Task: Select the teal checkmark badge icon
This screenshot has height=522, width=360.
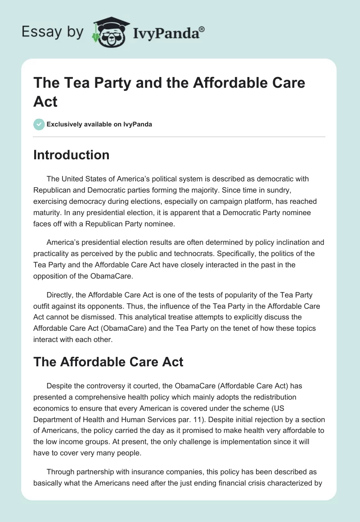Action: (39, 124)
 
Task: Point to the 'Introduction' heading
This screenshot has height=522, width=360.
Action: (72, 155)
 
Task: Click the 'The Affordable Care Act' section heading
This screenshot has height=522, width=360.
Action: (108, 362)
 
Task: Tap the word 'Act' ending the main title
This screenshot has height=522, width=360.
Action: (45, 101)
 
